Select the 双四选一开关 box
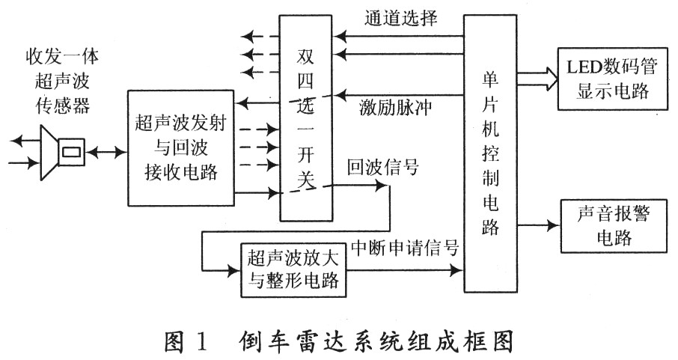pos(306,118)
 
